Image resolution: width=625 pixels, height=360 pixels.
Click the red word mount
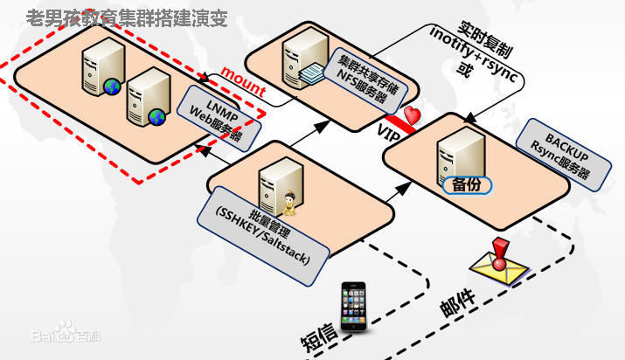point(243,81)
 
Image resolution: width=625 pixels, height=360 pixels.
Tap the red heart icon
point(412,114)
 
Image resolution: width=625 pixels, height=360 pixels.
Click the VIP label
point(388,134)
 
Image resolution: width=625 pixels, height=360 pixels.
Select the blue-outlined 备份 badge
point(467,184)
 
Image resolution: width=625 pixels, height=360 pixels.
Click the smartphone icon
point(353,306)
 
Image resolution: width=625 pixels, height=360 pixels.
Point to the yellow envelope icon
point(498,268)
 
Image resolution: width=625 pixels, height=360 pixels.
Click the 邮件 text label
point(457,302)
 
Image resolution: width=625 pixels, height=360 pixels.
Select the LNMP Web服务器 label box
point(219,119)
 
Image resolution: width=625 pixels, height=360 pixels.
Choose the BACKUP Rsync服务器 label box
point(564,155)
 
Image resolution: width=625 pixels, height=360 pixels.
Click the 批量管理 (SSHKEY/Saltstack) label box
point(263,236)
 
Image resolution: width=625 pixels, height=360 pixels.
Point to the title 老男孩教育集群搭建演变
point(127,18)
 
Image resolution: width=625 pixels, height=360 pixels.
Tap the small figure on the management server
point(289,204)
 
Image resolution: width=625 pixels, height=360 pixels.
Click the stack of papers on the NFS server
point(310,73)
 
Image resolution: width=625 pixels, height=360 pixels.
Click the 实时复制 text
point(484,39)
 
